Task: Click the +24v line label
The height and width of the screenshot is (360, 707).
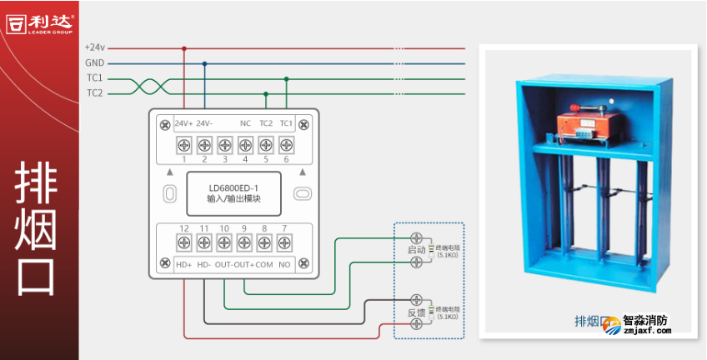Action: [94, 47]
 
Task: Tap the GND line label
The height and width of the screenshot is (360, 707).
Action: [94, 62]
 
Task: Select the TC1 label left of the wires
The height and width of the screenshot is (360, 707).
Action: [94, 78]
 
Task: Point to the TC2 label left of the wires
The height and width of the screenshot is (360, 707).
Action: [94, 93]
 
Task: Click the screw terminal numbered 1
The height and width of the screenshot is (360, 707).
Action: [184, 144]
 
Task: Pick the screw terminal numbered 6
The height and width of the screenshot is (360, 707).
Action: [286, 144]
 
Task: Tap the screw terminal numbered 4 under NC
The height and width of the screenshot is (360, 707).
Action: [245, 144]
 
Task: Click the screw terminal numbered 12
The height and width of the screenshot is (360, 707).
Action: [184, 242]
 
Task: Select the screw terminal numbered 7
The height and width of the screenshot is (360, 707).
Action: [285, 242]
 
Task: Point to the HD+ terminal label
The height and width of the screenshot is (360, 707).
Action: [184, 264]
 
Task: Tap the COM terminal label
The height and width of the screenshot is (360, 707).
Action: [264, 264]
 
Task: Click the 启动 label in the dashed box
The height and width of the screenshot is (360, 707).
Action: [415, 250]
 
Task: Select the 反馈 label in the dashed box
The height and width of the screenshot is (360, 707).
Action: [415, 312]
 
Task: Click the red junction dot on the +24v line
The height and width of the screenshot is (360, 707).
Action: [184, 48]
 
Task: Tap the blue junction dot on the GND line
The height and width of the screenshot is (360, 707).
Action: [205, 63]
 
